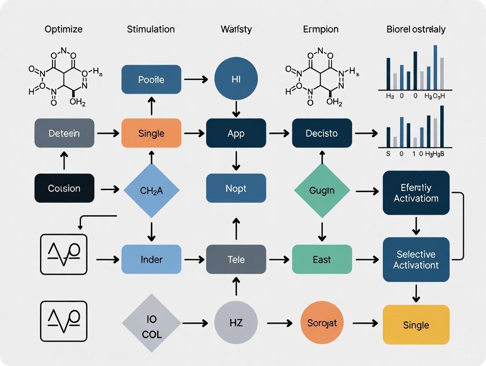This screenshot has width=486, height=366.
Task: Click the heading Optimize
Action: click(63, 29)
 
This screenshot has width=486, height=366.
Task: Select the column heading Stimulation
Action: click(151, 29)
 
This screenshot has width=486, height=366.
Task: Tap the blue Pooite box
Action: click(151, 80)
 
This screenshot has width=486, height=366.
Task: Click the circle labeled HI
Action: click(236, 80)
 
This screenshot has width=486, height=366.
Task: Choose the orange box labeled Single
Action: click(151, 133)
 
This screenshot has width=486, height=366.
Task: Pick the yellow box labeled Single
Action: click(416, 325)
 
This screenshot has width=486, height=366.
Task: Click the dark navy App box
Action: click(236, 133)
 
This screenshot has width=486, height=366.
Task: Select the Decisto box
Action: click(322, 133)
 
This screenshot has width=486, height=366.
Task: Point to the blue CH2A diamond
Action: click(151, 190)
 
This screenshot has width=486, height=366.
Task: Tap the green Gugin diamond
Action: click(322, 190)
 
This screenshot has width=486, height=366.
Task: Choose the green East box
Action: click(322, 260)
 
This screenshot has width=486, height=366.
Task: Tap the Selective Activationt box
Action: click(416, 260)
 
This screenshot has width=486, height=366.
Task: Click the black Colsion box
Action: click(64, 188)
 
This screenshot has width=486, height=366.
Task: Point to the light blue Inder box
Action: click(151, 260)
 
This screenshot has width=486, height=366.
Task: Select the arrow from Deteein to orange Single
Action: click(107, 133)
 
